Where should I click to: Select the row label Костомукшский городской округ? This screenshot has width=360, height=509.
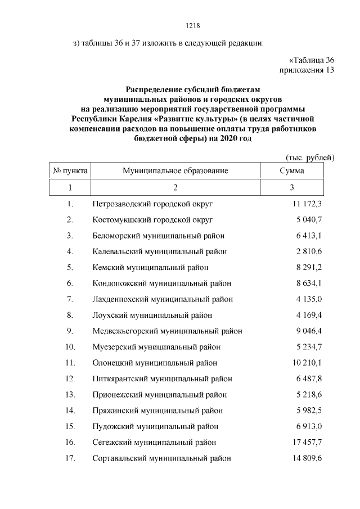[x=152, y=219]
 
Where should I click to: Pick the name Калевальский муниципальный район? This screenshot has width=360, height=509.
[x=160, y=251]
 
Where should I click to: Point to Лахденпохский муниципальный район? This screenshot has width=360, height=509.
[x=163, y=299]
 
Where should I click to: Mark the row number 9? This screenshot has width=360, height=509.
[x=70, y=331]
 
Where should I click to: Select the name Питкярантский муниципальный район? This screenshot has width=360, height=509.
[x=162, y=379]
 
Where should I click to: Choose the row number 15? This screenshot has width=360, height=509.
[x=70, y=426]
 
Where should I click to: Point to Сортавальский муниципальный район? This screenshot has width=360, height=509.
[x=162, y=458]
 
